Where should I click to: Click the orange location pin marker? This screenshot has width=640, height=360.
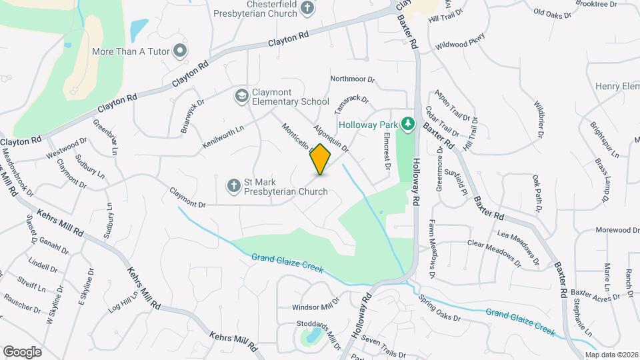click(x=321, y=159)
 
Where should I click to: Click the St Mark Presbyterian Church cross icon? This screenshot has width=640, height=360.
click(x=234, y=185)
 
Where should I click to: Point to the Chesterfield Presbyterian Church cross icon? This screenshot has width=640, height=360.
click(x=307, y=8)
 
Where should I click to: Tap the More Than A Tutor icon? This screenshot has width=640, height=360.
click(x=179, y=50)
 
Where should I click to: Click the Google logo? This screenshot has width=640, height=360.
click(x=22, y=351)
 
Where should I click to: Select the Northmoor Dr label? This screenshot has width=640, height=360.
click(x=353, y=79)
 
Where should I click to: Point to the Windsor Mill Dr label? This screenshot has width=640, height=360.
click(x=316, y=308)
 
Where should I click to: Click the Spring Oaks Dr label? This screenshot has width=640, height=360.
click(x=439, y=307)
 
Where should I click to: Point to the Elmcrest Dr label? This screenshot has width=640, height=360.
click(x=386, y=151)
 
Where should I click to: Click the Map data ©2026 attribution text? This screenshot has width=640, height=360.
click(x=611, y=354)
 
